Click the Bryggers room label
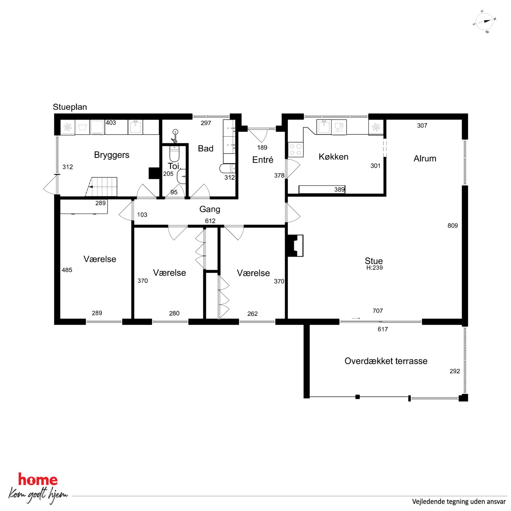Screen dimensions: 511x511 click(x=112, y=155)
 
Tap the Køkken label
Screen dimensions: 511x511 click(x=334, y=157)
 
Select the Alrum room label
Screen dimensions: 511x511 click(x=425, y=158)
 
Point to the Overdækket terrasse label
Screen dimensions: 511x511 click(x=386, y=361)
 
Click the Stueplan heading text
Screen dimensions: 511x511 click(x=70, y=107)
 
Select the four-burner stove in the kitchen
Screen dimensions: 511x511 click(x=296, y=149)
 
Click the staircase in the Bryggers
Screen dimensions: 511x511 click(x=101, y=187)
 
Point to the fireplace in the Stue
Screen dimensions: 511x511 click(x=295, y=245)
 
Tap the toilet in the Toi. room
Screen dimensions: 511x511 click(x=174, y=153)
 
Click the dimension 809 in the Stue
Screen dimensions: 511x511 click(x=453, y=226)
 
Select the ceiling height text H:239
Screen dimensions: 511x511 click(x=374, y=268)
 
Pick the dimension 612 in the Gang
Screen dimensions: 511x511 click(x=210, y=221)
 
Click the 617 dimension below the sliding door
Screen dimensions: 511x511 click(x=383, y=329)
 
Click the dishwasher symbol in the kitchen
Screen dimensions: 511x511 click(x=339, y=127)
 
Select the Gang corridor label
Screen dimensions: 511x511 click(x=210, y=209)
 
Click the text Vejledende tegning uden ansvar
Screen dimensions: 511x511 click(x=459, y=501)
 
